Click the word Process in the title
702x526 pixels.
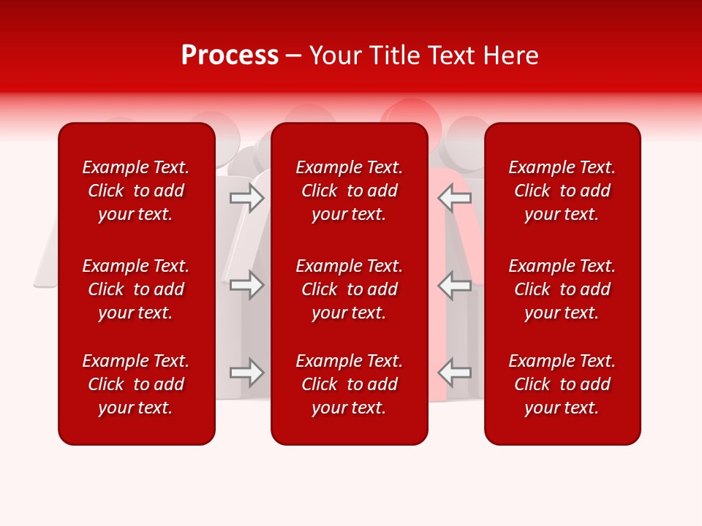click(x=230, y=56)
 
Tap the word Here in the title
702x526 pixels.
click(x=511, y=56)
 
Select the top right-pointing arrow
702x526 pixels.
click(x=246, y=197)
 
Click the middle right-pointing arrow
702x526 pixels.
click(x=246, y=285)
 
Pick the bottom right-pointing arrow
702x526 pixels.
click(x=246, y=373)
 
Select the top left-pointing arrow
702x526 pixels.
click(x=455, y=197)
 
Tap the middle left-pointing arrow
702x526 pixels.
click(x=455, y=285)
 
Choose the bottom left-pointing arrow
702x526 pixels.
click(x=455, y=373)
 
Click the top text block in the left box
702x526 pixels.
click(x=136, y=191)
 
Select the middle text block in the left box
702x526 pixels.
click(x=136, y=289)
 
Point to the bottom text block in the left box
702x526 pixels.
click(x=136, y=384)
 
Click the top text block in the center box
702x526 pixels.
click(x=350, y=191)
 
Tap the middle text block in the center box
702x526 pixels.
click(x=350, y=289)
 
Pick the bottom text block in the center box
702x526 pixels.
click(x=350, y=384)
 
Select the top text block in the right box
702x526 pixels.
click(x=562, y=191)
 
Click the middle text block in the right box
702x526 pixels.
click(x=562, y=289)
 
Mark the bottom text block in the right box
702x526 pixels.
click(x=562, y=384)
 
